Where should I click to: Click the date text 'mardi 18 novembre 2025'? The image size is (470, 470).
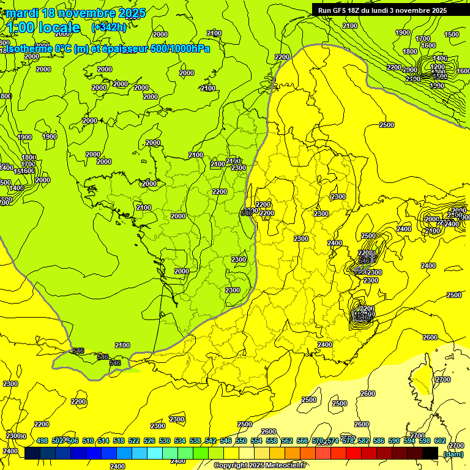(76, 13)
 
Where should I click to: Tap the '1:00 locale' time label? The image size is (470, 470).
(44, 28)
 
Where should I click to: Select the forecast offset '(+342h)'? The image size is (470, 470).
(109, 28)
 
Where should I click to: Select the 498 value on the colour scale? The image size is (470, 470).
(42, 441)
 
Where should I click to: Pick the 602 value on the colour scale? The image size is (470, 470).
(440, 441)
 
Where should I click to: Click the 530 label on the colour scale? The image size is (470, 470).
(165, 441)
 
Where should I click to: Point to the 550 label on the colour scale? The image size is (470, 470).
(241, 441)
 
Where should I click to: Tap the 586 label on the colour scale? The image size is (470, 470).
(379, 441)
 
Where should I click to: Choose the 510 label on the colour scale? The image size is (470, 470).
(88, 441)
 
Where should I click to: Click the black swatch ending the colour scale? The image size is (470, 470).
(430, 453)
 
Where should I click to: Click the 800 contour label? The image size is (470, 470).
(6, 96)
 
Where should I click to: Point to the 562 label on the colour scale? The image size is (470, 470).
(287, 441)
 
